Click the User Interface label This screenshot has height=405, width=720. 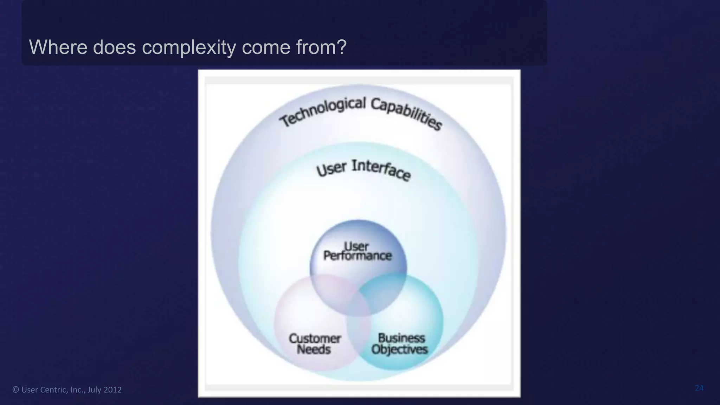(x=364, y=169)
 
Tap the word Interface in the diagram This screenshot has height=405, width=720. (x=381, y=170)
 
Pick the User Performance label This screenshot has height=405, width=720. (x=357, y=251)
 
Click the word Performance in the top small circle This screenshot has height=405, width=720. (x=357, y=256)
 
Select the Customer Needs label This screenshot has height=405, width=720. (x=315, y=344)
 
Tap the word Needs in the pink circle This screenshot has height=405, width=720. (x=314, y=350)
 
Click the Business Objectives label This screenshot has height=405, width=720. (x=400, y=343)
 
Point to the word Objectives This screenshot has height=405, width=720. (x=400, y=349)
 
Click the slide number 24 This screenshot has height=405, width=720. (x=699, y=388)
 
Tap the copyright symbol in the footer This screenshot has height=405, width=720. (x=15, y=390)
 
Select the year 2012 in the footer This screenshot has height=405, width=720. (x=112, y=390)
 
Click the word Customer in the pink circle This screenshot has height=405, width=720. (x=315, y=339)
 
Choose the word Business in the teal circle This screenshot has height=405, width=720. (x=401, y=338)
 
